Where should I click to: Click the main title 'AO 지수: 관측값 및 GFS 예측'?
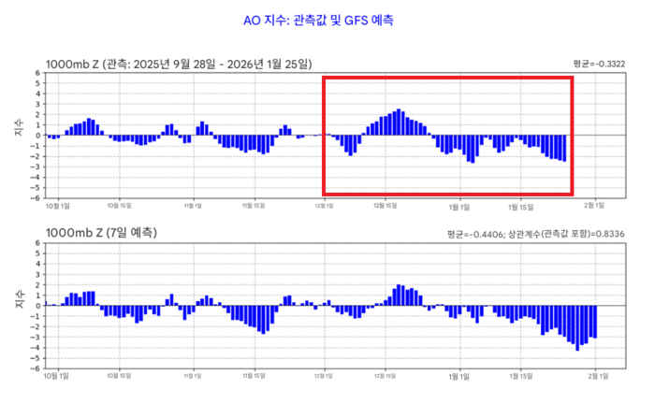pos(327,19)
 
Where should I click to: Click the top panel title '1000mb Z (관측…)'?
pos(178,64)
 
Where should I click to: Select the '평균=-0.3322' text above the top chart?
pos(599,64)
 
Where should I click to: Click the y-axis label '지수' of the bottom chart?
pos(20,301)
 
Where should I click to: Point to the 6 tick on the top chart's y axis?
pos(37,73)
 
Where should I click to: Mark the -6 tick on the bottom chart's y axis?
pos(36,368)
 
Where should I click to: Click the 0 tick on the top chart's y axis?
pos(37,136)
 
